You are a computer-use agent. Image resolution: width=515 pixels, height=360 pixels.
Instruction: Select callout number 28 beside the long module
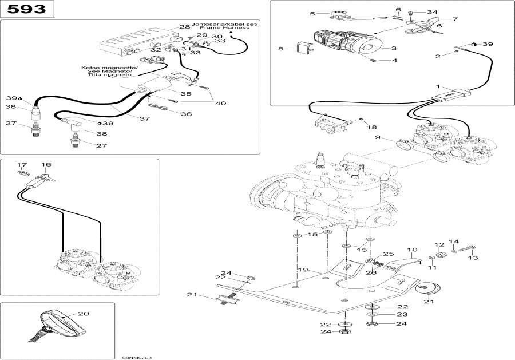[x=184, y=27]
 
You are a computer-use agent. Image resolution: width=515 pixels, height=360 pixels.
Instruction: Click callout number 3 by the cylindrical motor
[x=394, y=49]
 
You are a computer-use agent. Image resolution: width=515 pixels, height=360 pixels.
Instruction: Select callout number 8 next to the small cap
[x=280, y=49]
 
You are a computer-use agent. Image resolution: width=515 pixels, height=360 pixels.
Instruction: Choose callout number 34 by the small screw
[x=431, y=12]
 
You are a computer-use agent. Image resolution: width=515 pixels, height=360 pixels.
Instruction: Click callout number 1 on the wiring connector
[x=439, y=86]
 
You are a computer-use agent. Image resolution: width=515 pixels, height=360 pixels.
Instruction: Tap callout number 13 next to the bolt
[x=472, y=258]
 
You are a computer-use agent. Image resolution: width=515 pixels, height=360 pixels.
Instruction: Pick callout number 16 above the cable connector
[x=46, y=165]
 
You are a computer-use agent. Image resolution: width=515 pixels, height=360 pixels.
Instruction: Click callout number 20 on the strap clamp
[x=84, y=314]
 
